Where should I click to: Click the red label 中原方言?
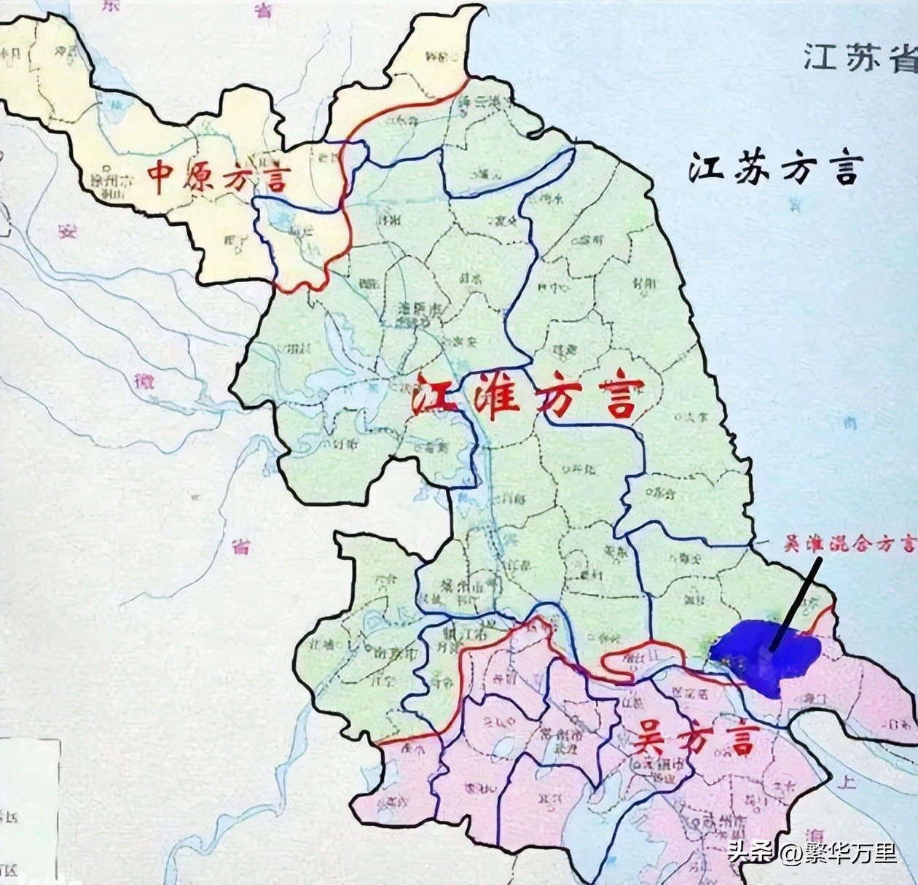[219, 177]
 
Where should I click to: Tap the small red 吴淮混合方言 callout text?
[848, 543]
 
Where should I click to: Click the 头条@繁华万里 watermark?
[812, 852]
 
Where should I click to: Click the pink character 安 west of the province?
[68, 232]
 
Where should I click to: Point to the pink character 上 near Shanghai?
[847, 782]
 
